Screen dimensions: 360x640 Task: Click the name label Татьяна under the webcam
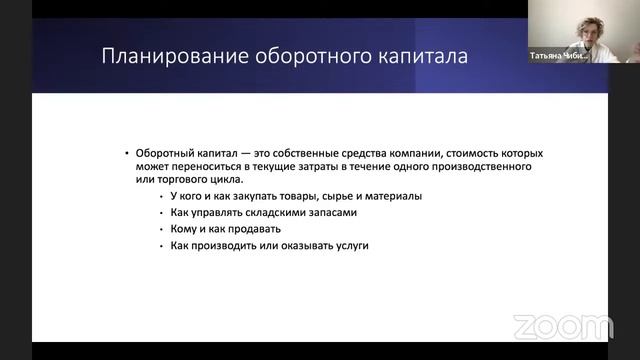pos(550,57)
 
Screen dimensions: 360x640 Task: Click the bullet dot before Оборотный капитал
pos(127,153)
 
